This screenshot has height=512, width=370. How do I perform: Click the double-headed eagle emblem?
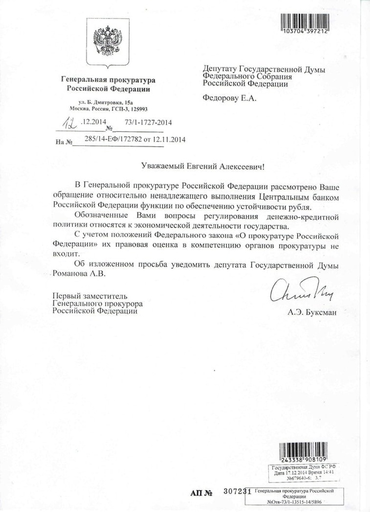point(108,46)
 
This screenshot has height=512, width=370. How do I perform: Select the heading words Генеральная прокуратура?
point(108,80)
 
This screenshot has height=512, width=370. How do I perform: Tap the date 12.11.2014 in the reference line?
point(172,140)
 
